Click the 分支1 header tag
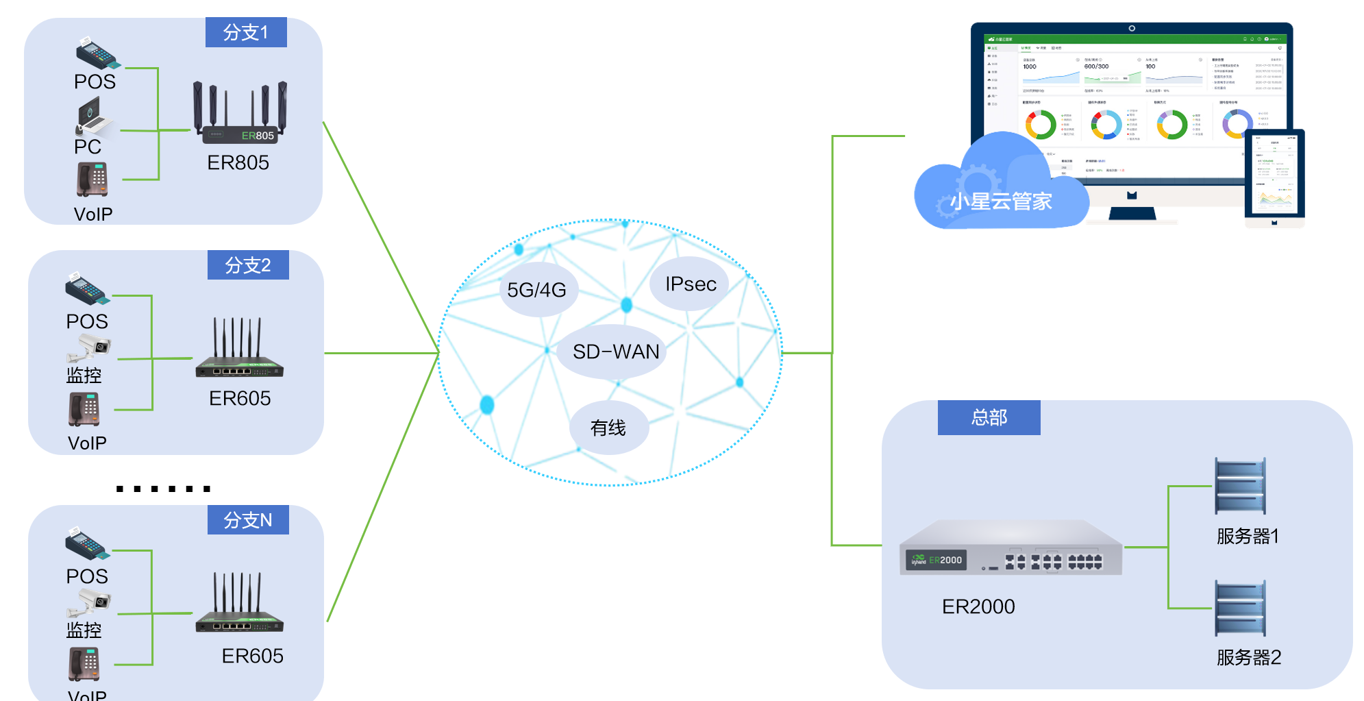[246, 32]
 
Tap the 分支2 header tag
[248, 265]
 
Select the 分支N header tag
[248, 520]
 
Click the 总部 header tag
[989, 417]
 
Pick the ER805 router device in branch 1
[240, 114]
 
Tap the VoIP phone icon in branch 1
[92, 180]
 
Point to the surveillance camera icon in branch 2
[90, 347]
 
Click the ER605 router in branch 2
[239, 349]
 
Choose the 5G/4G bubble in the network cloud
[538, 290]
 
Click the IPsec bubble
[691, 284]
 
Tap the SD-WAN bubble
[615, 352]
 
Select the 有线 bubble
[608, 428]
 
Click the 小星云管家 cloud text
[1001, 201]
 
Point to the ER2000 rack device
[1010, 548]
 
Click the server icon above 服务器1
[1240, 487]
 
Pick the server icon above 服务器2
[1240, 608]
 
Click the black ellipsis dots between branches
[163, 489]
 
